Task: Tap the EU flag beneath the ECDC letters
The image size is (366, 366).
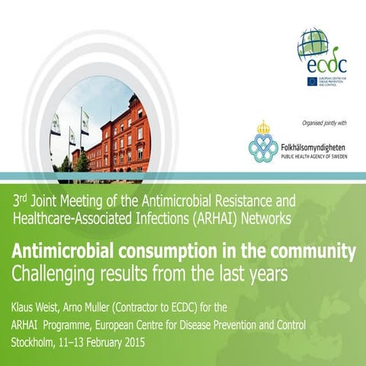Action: [307, 81]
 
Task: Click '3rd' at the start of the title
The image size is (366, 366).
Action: [20, 201]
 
